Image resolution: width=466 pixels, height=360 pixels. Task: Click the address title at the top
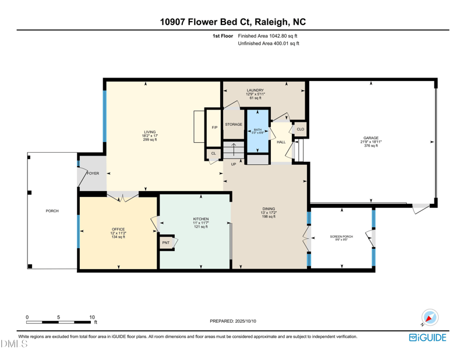pos(233,22)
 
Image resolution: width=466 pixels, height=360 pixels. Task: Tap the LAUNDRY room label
pos(255,90)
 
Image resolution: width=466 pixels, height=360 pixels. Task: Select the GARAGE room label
pos(371,138)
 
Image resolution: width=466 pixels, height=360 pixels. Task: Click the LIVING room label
pos(150,132)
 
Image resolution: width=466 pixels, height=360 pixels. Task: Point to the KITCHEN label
pos(201,220)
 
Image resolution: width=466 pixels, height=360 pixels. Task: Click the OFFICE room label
pos(119,230)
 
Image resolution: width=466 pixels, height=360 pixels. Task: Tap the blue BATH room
pos(257,130)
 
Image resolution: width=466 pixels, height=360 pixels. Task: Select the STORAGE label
pos(234,125)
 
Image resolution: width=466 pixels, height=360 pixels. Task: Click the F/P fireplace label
pos(214,127)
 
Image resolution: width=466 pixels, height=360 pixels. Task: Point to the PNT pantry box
pos(166,243)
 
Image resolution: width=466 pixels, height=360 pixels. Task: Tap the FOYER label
pos(93,174)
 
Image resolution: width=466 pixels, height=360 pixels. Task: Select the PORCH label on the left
pos(52,211)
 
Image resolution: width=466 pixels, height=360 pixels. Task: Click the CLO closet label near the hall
pos(301,129)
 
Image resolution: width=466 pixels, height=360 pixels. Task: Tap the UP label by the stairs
pos(233,164)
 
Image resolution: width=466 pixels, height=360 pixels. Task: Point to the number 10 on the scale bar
pos(91,317)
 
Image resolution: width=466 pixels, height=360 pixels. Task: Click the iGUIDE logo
pos(428,337)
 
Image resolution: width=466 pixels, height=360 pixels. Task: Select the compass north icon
pos(429,318)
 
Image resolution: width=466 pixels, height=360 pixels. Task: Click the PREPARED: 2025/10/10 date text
pos(233,321)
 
